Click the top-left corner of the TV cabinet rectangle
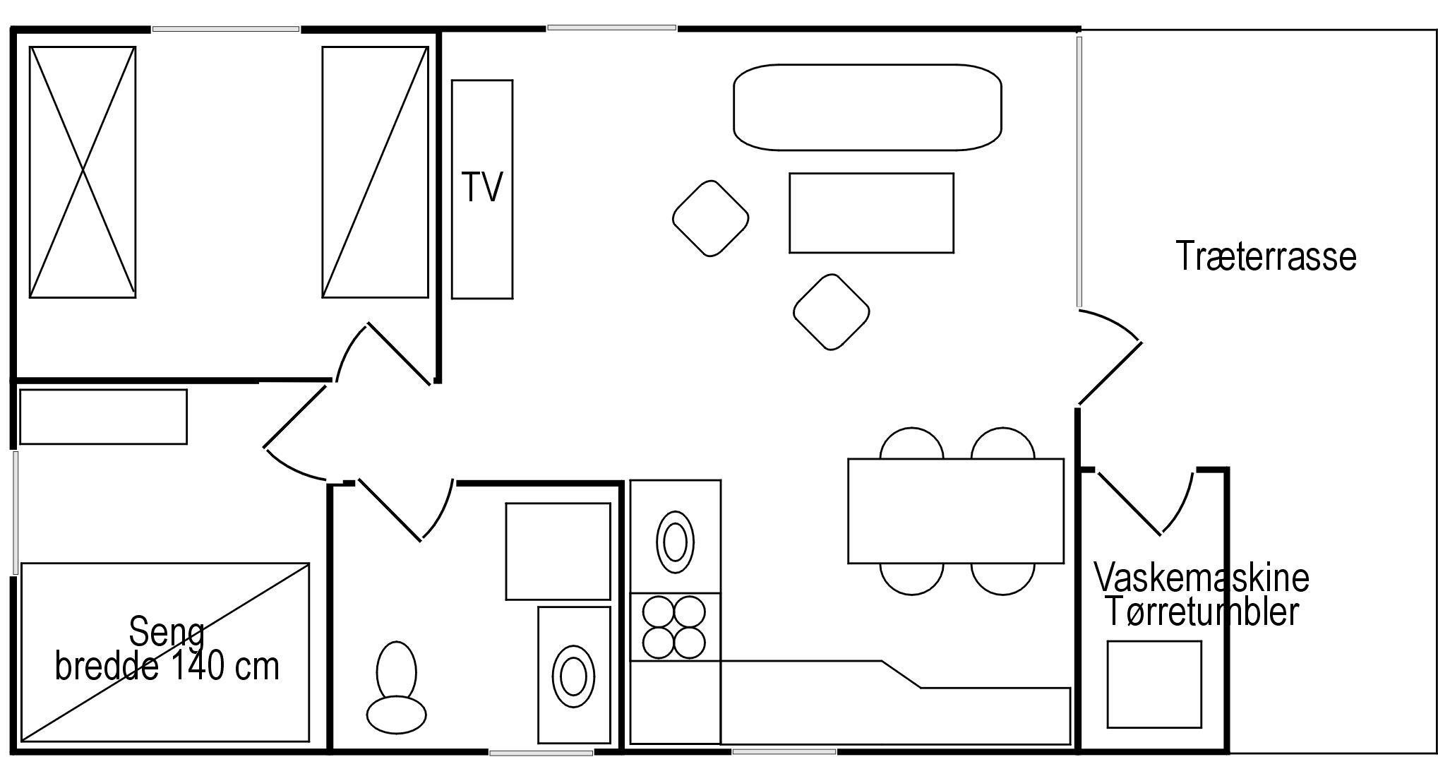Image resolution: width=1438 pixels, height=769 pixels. click(x=453, y=81)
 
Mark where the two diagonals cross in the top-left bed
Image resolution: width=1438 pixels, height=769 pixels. click(x=83, y=172)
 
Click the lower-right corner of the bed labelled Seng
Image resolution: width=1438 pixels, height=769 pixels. click(x=309, y=741)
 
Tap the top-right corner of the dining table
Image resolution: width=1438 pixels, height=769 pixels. click(x=1063, y=460)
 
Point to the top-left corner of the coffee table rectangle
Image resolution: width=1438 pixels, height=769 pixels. click(x=790, y=174)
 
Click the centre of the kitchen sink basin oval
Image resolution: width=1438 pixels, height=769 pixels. click(x=675, y=542)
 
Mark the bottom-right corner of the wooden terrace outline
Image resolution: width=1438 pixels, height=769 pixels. click(x=1436, y=753)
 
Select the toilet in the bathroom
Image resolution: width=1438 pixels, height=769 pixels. click(x=396, y=687)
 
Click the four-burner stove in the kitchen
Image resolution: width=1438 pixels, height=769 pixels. click(x=674, y=627)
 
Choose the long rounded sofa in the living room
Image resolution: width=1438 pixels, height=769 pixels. click(x=868, y=107)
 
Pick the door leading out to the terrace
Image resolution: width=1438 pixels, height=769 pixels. click(x=1109, y=357)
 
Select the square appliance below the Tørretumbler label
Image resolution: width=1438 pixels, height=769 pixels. click(x=1154, y=684)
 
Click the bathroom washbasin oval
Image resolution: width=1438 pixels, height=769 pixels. click(x=573, y=675)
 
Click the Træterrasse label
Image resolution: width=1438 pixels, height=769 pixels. click(x=1266, y=256)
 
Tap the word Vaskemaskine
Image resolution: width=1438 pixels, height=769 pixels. click(x=1202, y=577)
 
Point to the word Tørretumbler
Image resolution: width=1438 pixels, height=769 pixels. click(x=1202, y=611)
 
